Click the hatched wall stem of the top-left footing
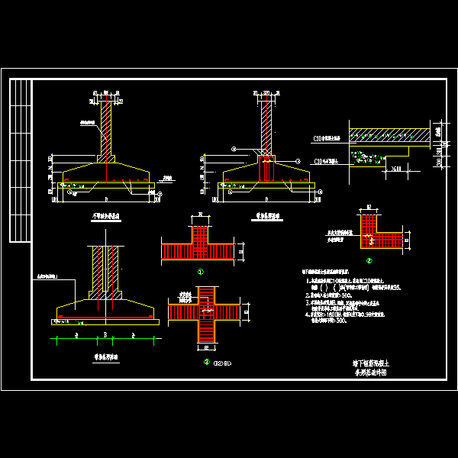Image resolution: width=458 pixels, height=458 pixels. [x=106, y=126]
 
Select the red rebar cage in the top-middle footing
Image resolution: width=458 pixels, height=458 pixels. [x=266, y=169]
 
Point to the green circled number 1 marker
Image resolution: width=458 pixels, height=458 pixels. [x=200, y=271]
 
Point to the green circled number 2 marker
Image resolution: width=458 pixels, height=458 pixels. [x=369, y=260]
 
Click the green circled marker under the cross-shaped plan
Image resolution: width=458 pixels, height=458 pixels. [x=206, y=362]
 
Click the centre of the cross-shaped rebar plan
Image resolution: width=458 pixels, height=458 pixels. [x=208, y=312]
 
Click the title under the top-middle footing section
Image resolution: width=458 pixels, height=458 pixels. [x=266, y=217]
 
